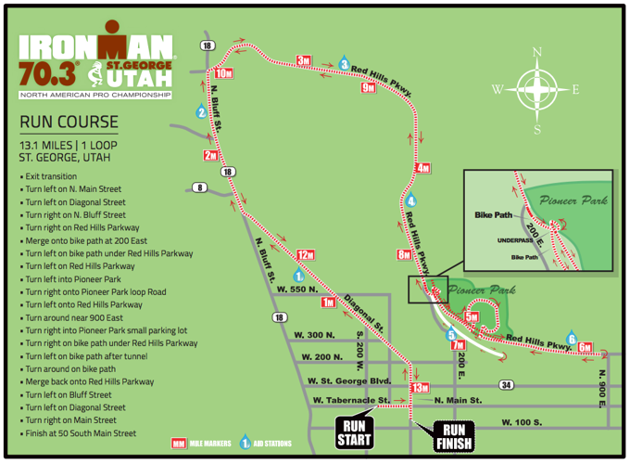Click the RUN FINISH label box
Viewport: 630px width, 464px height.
click(454, 435)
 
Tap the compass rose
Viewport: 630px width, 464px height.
click(536, 90)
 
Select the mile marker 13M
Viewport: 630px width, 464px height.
click(420, 387)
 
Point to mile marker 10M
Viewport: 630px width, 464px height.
click(223, 73)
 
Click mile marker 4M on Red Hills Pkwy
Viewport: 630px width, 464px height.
click(423, 168)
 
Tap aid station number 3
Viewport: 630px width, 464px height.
click(344, 65)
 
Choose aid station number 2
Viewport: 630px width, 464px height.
click(201, 113)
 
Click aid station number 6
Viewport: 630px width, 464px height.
click(572, 339)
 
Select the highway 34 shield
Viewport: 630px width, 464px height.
click(506, 384)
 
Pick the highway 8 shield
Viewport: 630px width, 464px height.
click(199, 188)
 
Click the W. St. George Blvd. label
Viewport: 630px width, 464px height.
click(349, 380)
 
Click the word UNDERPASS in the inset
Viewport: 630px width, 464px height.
click(517, 240)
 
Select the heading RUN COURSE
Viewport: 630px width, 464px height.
click(69, 122)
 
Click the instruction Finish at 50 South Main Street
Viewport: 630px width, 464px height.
click(80, 433)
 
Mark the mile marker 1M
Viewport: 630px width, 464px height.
click(328, 303)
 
